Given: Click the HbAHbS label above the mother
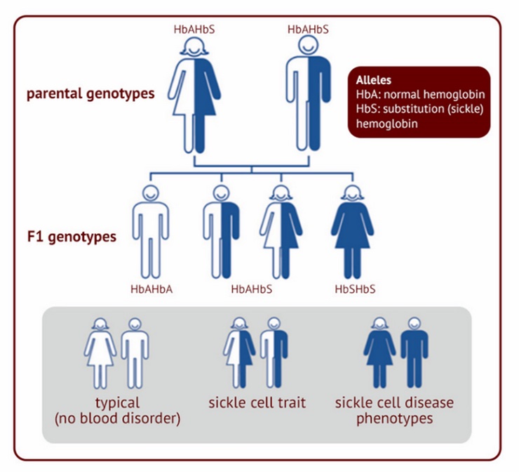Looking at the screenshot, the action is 194,29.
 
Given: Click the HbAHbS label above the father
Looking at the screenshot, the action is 308,29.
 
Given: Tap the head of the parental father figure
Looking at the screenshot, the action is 309,46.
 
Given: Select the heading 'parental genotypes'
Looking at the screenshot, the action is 90,94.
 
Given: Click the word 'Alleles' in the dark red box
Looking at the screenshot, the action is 374,80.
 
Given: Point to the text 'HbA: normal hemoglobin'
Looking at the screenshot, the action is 420,94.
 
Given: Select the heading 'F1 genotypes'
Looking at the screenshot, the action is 72,237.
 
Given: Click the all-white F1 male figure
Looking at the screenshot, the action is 151,232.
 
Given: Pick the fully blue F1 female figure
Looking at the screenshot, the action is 353,232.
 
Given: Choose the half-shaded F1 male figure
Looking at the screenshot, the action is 221,232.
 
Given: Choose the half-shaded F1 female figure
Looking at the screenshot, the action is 281,232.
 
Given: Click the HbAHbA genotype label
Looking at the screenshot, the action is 151,289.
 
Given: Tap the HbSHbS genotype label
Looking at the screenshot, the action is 355,289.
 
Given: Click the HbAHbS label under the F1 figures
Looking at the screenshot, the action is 252,289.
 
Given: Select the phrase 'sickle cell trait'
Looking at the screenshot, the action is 257,403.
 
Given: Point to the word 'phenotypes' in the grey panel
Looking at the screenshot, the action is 395,419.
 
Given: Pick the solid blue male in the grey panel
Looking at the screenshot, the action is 414,353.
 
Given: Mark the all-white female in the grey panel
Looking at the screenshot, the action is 100,353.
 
